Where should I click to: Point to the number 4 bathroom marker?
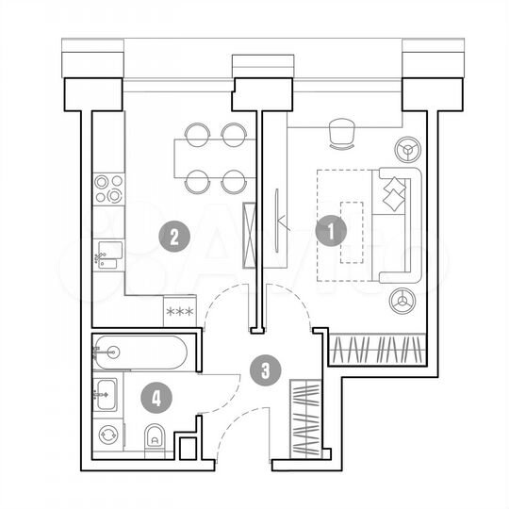(x=156, y=397)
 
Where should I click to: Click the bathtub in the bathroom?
(x=141, y=354)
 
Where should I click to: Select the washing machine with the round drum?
(x=109, y=435)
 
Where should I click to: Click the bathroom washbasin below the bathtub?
(x=107, y=391)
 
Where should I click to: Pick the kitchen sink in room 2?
(x=108, y=254)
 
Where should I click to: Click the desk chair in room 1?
(x=341, y=135)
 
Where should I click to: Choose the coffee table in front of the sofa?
(x=353, y=232)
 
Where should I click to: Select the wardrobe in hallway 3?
(x=305, y=418)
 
